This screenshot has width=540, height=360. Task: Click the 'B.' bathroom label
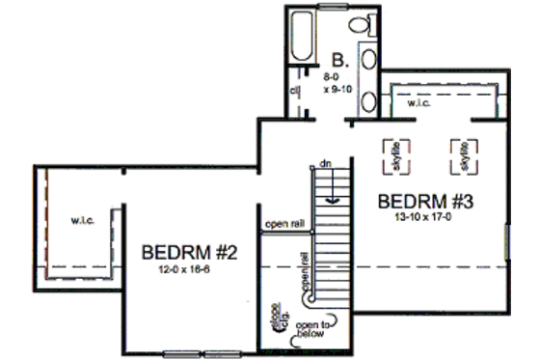pos(339,56)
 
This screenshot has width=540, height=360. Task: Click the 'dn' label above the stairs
pos(326,160)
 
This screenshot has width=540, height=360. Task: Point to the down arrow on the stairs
pos(333,193)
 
